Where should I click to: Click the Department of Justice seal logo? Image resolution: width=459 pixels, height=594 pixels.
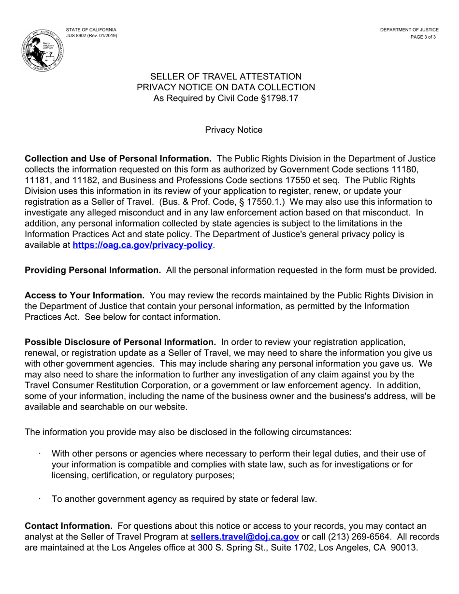coord(43,49)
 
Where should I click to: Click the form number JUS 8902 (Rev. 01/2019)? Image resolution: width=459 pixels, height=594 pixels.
coord(91,36)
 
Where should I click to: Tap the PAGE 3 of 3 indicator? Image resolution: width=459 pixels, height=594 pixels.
coord(423,37)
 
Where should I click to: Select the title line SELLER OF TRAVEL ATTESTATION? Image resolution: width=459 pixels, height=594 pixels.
coord(226,76)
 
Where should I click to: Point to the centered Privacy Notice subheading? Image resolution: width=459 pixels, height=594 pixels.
coord(234,130)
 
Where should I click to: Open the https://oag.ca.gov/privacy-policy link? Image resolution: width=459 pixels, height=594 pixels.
coord(143,245)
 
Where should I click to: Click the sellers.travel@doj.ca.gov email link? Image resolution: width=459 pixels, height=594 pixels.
coord(245,537)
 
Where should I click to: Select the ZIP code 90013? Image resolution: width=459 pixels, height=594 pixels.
coord(405,548)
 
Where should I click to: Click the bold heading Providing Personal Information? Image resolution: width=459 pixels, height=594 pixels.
coord(93,270)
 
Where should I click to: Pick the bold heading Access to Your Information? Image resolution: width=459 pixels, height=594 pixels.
coord(85,295)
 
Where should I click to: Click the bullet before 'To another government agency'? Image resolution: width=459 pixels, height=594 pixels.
coord(40,498)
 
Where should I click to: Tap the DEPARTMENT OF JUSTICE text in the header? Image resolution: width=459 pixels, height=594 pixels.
coord(409,30)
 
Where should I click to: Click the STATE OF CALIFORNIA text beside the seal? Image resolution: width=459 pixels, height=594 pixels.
coord(91,30)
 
